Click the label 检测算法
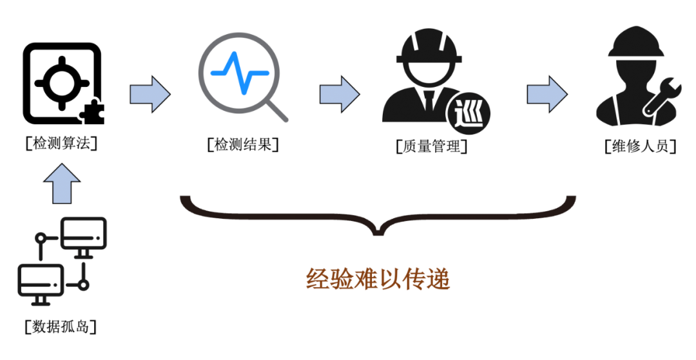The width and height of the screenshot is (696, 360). (x=62, y=143)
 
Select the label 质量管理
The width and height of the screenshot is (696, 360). (x=431, y=146)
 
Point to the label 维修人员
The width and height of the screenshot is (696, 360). (x=640, y=146)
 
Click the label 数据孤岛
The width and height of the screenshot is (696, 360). (x=62, y=327)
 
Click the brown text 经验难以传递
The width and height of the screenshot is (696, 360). (x=378, y=279)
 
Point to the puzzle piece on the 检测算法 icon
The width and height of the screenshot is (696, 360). (x=91, y=113)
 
